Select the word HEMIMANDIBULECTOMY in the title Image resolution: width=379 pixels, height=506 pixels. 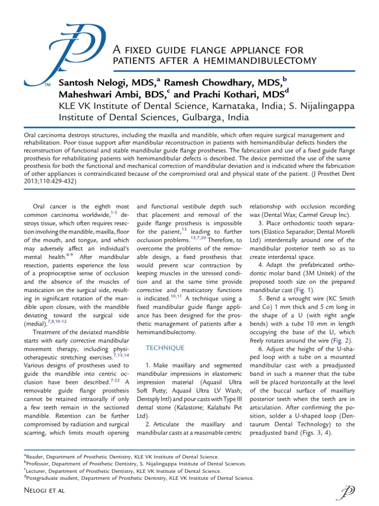(x=261, y=61)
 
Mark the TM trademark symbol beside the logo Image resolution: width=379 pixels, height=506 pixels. (x=47, y=85)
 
